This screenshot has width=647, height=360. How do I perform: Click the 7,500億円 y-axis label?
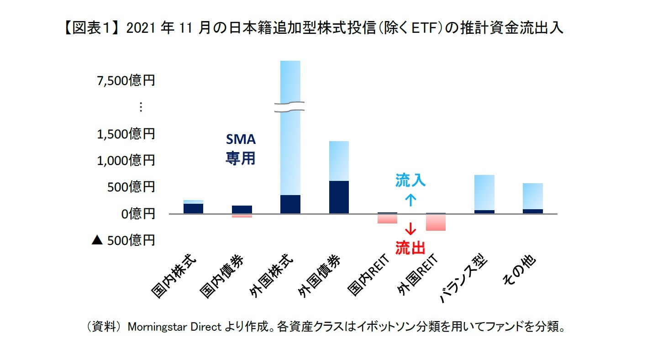click(126, 81)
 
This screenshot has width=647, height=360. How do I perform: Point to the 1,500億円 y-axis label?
click(126, 134)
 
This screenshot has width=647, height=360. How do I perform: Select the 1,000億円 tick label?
click(126, 160)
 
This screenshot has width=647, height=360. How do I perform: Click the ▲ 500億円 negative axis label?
click(123, 240)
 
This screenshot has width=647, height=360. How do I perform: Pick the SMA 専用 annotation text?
click(241, 149)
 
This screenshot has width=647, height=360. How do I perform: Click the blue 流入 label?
click(410, 181)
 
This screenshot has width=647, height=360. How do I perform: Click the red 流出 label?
click(410, 248)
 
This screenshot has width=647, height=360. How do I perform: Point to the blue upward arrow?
click(410, 200)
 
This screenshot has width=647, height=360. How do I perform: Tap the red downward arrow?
click(410, 229)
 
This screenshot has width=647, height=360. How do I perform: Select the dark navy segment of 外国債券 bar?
click(339, 197)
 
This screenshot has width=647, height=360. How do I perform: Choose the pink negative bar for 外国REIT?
click(436, 222)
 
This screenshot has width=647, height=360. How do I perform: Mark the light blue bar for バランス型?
click(484, 192)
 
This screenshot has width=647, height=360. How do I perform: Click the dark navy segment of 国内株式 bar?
click(193, 208)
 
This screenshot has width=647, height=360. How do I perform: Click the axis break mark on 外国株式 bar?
click(290, 107)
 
